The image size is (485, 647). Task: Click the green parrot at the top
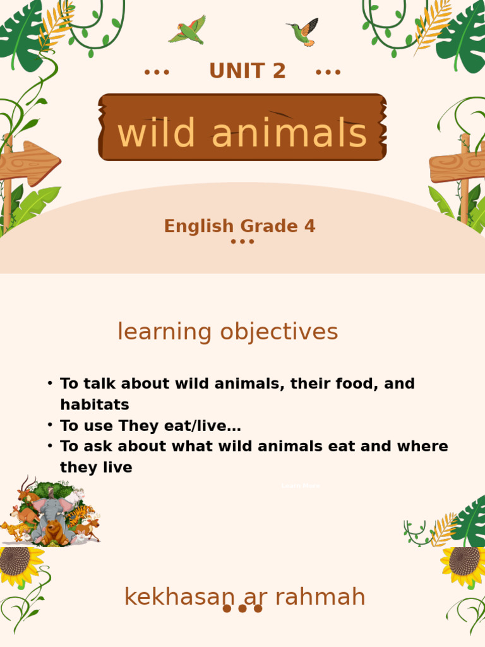[188, 30]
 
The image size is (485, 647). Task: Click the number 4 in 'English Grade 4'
[309, 226]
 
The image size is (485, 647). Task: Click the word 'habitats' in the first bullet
[95, 404]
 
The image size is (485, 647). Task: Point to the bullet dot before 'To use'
[50, 425]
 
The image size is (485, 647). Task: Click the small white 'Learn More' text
[301, 486]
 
